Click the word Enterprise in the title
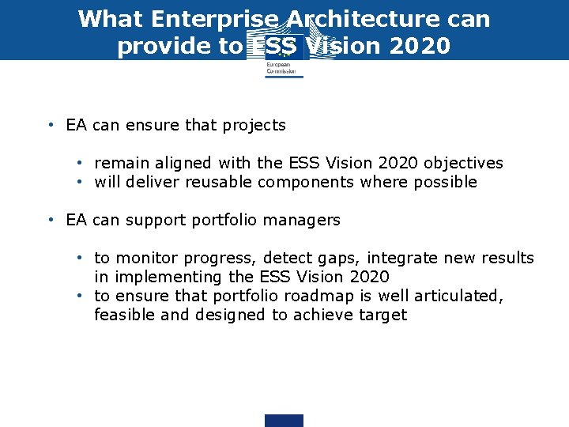[198, 18]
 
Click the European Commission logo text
[282, 68]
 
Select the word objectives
[463, 163]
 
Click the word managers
[306, 220]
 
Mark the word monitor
[146, 258]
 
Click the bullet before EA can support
[51, 220]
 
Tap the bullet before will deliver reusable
[81, 182]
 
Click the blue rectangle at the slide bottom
[284, 421]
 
